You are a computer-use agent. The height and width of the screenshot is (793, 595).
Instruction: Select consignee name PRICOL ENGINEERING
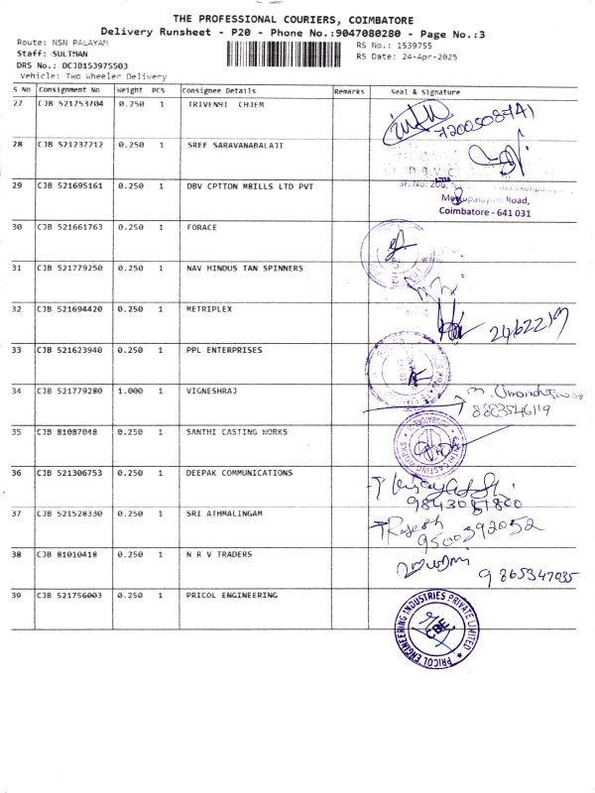point(232,595)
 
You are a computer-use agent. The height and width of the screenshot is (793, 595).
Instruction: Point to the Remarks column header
point(349,90)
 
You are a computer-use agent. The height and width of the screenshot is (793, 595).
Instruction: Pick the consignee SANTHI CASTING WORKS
point(237,431)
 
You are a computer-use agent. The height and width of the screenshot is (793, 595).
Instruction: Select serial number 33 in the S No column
point(17,349)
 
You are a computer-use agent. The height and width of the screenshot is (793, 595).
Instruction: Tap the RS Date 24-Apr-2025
point(394,57)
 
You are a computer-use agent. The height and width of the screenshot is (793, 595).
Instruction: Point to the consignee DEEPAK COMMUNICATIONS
point(239,473)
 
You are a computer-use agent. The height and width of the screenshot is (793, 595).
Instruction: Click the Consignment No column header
point(69,90)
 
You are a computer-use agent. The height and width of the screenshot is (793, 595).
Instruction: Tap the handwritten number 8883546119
point(511,408)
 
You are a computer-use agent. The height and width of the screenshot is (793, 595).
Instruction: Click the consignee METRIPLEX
point(209,308)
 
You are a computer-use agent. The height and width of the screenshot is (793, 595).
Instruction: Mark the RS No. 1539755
point(394,46)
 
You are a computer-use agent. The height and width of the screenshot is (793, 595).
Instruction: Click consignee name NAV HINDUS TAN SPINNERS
point(245,268)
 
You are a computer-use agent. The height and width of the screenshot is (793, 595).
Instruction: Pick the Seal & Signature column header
point(426,90)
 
